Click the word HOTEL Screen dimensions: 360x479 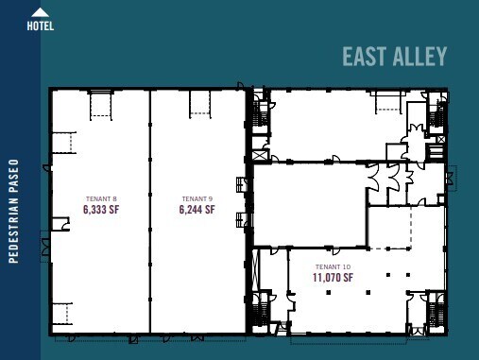(40, 26)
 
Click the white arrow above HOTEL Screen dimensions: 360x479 (40, 12)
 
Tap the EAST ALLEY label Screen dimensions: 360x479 (394, 57)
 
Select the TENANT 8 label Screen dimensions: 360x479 (100, 198)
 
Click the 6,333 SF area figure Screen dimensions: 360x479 (100, 209)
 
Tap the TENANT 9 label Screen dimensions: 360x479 (197, 198)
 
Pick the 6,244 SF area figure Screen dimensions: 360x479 (197, 209)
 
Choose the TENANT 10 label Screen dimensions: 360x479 (333, 267)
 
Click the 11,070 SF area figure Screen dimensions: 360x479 (333, 278)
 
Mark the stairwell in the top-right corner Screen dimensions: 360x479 (436, 114)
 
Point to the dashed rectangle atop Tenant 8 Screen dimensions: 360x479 (101, 105)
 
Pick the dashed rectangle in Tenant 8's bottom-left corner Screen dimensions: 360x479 (61, 313)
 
